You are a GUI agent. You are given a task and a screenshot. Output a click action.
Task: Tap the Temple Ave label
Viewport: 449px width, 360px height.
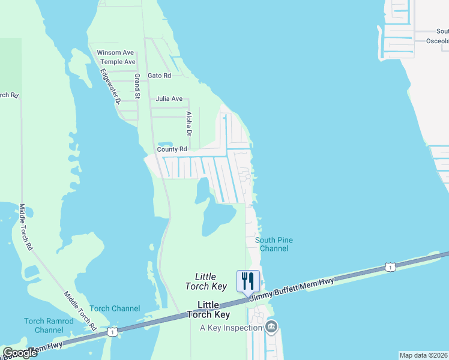(118, 62)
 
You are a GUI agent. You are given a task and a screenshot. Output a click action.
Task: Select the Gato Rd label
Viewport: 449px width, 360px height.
(159, 76)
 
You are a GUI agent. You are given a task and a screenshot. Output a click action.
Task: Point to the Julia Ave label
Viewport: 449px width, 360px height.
(169, 98)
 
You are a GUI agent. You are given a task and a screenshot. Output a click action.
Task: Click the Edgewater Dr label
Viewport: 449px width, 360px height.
(111, 86)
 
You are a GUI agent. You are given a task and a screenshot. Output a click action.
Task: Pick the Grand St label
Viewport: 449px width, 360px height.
(137, 86)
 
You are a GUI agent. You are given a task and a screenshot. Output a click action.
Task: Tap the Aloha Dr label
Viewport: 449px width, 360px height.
(188, 124)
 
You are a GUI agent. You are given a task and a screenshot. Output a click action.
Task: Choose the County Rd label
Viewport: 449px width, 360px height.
(172, 149)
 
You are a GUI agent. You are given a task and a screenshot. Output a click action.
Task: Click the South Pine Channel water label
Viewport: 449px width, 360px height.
(275, 244)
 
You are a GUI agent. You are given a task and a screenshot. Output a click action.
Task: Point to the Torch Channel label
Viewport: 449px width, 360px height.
(115, 308)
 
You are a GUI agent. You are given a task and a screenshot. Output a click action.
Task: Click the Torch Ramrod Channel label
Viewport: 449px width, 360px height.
(49, 325)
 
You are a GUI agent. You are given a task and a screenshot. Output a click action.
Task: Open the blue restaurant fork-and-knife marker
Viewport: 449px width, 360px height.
(248, 280)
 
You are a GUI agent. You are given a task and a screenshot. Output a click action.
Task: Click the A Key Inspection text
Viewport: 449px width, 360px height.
(231, 328)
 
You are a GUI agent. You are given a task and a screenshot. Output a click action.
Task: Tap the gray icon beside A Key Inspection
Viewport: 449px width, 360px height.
(271, 327)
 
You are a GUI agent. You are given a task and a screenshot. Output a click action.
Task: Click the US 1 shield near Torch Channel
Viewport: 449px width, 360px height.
(112, 331)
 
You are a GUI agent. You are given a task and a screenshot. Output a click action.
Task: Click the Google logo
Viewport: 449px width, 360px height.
(20, 352)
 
